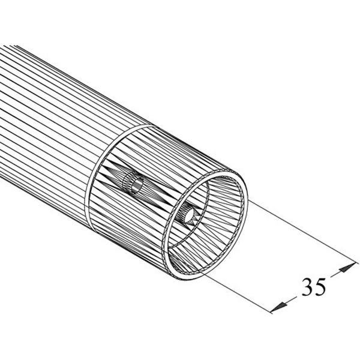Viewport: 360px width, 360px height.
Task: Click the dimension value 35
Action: click(313, 287)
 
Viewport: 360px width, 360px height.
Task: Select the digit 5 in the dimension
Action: click(320, 287)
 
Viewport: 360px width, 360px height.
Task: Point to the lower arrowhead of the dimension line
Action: click(277, 307)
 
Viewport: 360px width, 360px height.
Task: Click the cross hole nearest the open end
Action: click(188, 214)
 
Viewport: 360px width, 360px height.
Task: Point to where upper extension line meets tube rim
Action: click(247, 201)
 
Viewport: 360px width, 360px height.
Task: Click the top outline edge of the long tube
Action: click(60, 63)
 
